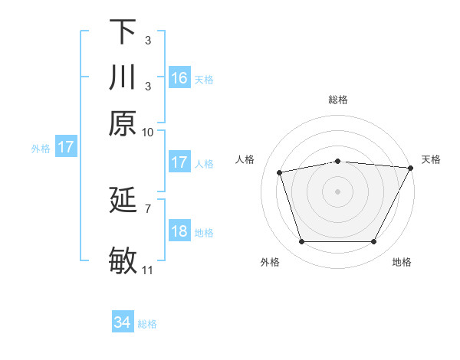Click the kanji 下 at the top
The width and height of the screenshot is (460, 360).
123,31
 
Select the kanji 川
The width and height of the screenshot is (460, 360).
123,78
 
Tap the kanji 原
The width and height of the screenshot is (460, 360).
123,123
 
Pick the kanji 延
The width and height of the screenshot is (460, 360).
123,201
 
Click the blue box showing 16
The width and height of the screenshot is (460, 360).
179,77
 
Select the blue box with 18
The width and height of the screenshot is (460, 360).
179,231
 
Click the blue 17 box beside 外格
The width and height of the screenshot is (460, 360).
65,147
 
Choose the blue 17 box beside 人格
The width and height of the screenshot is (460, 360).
179,162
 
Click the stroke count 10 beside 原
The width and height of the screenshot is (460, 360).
148,131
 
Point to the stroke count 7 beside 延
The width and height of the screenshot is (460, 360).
148,208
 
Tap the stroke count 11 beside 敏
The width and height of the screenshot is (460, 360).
148,270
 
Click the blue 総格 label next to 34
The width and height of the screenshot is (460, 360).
147,324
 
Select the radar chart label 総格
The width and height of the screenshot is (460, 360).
337,100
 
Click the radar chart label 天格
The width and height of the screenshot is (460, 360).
431,159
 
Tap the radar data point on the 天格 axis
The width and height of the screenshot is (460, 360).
411,168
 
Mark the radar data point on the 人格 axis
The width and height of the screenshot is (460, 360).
280,172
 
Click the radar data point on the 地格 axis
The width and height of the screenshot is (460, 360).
373,241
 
